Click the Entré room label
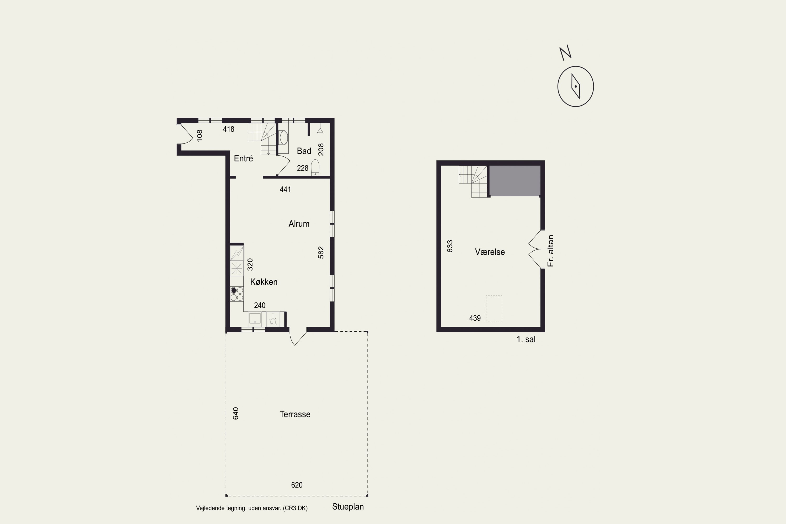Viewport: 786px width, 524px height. (x=243, y=159)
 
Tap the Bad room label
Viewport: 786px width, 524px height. (x=304, y=151)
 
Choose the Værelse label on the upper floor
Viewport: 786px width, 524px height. (x=490, y=252)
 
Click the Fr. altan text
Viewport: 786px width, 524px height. (x=550, y=251)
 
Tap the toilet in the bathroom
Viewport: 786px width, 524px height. (x=315, y=167)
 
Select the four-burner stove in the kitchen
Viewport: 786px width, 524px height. (x=237, y=294)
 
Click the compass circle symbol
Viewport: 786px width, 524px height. (x=575, y=86)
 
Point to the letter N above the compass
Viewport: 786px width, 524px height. (x=565, y=53)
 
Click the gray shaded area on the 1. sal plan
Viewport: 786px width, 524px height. (x=515, y=181)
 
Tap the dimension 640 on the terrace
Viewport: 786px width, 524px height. (x=236, y=413)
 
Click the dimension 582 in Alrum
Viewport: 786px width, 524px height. (x=321, y=253)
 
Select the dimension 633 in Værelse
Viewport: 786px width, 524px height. (x=450, y=246)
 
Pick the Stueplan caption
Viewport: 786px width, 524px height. (x=348, y=507)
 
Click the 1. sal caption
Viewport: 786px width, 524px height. (x=526, y=340)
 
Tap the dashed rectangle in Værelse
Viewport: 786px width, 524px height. (x=494, y=308)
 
